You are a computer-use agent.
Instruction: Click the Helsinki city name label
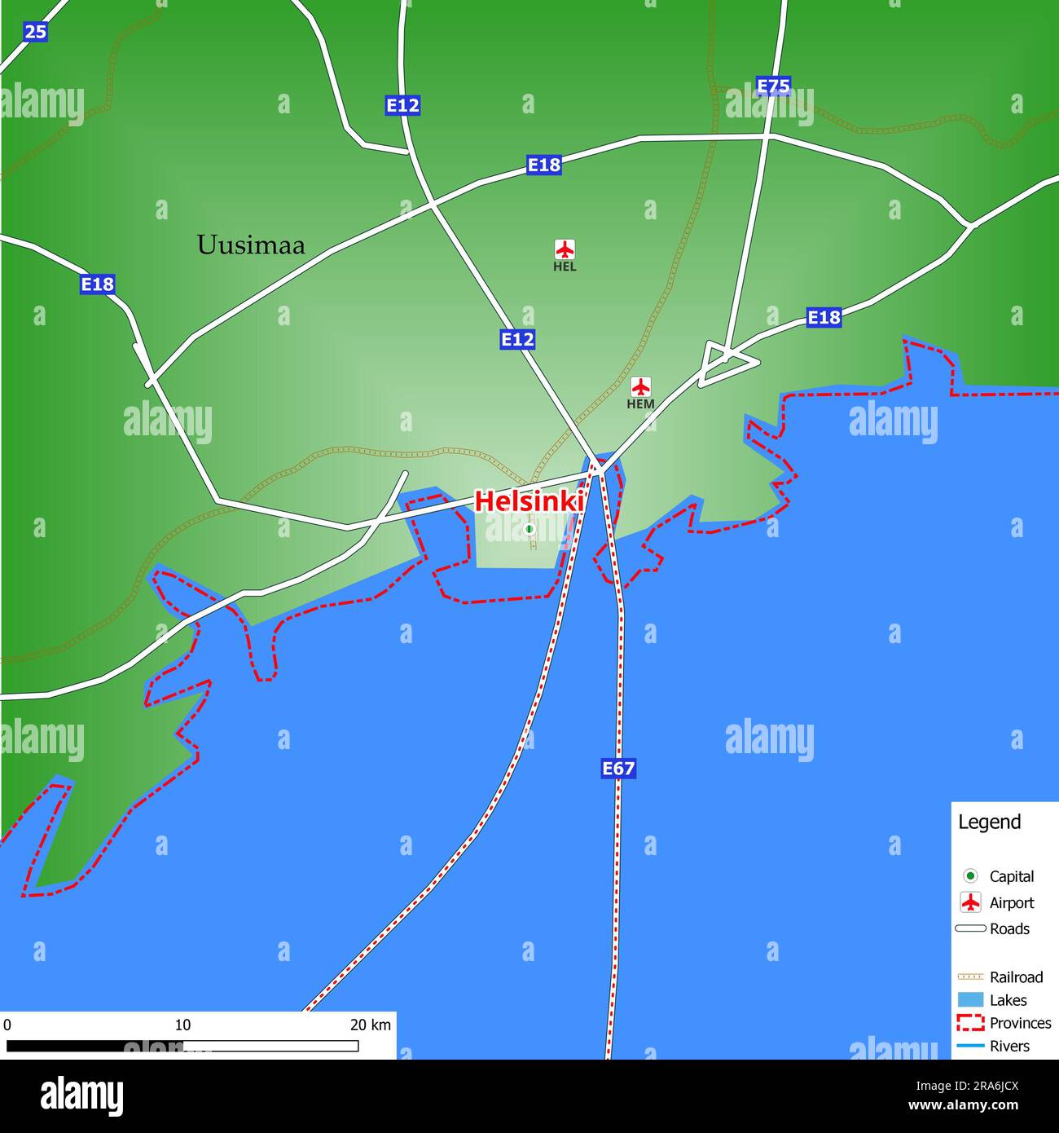coord(528,500)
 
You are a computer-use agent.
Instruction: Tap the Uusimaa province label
coord(251,245)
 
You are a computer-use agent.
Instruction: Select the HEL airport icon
coord(565,249)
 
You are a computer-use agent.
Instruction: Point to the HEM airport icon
coord(641,386)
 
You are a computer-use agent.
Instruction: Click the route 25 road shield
coord(35,32)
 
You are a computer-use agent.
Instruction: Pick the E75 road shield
coord(773,86)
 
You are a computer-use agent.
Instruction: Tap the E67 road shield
coord(618,768)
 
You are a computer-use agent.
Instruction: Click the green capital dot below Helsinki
coord(529,529)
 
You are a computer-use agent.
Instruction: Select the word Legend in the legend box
coord(989,822)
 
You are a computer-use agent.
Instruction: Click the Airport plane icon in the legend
coord(970,902)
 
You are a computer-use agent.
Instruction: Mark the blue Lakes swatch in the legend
coord(970,1000)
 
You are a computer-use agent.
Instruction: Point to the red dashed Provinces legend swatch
coord(970,1023)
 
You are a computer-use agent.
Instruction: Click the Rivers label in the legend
coord(1009,1046)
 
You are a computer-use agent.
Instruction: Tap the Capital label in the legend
coord(1012,876)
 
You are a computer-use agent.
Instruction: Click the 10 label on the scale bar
coord(182,1025)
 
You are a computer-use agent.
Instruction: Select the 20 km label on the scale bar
coord(371,1025)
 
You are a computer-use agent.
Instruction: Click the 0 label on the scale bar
coord(7,1025)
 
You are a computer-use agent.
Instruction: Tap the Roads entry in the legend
coord(1009,928)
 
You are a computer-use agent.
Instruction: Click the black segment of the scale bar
coord(94,1046)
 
